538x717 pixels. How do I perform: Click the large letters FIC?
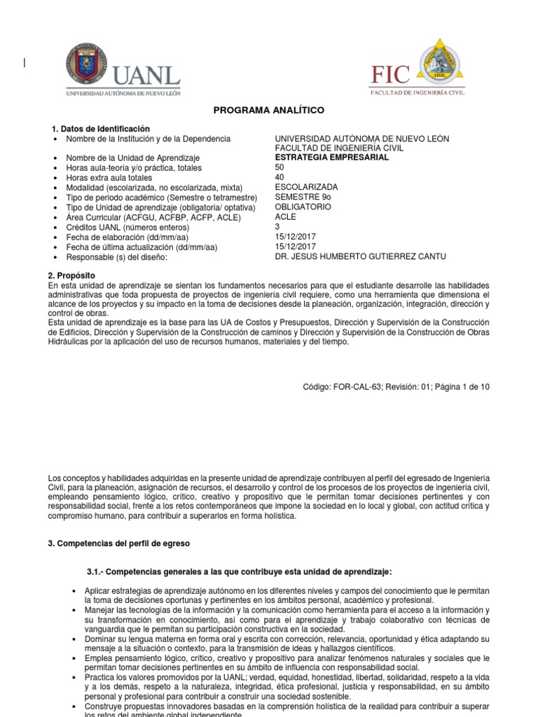tap(391, 73)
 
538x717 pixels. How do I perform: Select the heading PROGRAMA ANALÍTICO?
tap(269, 111)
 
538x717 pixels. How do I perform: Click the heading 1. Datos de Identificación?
tap(101, 129)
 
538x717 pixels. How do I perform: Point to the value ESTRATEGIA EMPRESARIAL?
tap(331, 158)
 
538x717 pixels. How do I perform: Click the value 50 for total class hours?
tap(280, 167)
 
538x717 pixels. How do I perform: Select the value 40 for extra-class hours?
tap(280, 177)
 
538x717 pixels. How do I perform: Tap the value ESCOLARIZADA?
tap(306, 188)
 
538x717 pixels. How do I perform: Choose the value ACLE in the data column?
tap(287, 217)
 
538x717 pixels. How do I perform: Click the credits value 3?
tap(278, 227)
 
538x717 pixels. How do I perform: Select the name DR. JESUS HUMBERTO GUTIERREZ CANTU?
tap(360, 257)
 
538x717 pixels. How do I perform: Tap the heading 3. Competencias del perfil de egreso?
tap(118, 543)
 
